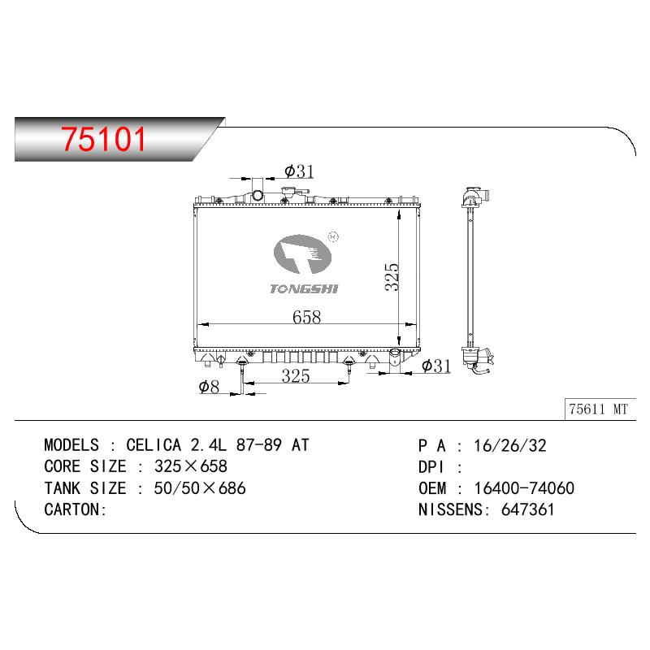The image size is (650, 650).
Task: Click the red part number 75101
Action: coord(104,138)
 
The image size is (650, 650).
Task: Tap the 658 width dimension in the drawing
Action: coord(306,317)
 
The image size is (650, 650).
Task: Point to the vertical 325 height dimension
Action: coord(392,276)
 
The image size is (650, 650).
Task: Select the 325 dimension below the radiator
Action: coord(296,376)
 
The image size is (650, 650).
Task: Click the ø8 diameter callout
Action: coord(209,387)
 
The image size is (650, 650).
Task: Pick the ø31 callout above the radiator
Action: coord(299,171)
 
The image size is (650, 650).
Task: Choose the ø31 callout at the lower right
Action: coord(436,366)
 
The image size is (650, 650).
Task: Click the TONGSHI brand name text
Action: coord(304,289)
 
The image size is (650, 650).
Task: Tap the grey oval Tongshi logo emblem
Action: coord(302,254)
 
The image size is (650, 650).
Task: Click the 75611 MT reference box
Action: coord(600,409)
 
